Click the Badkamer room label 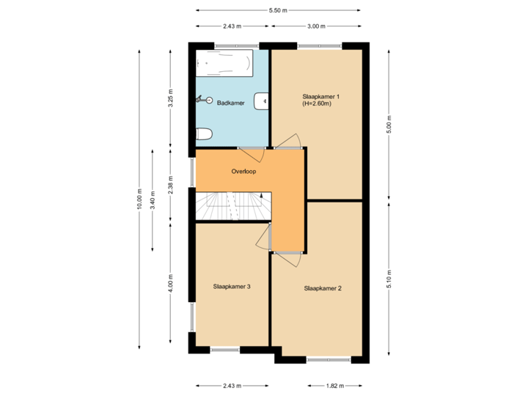[x=231, y=103]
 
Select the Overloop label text [x=243, y=171]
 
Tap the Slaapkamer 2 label [x=323, y=288]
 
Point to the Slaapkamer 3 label [x=232, y=286]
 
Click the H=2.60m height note [x=318, y=104]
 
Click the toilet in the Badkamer [x=205, y=133]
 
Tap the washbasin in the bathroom [x=261, y=100]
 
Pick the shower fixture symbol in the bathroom [x=203, y=99]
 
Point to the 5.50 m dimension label [x=278, y=10]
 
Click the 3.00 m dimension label [x=316, y=26]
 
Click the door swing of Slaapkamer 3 [x=263, y=236]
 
